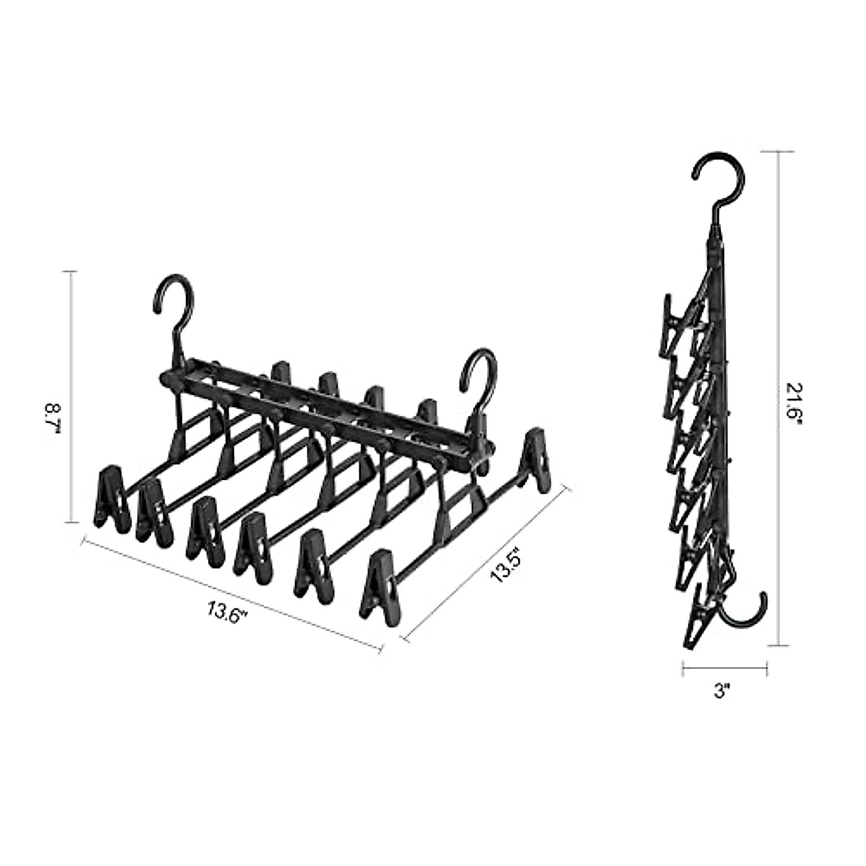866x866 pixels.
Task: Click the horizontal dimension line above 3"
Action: [x=724, y=668]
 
